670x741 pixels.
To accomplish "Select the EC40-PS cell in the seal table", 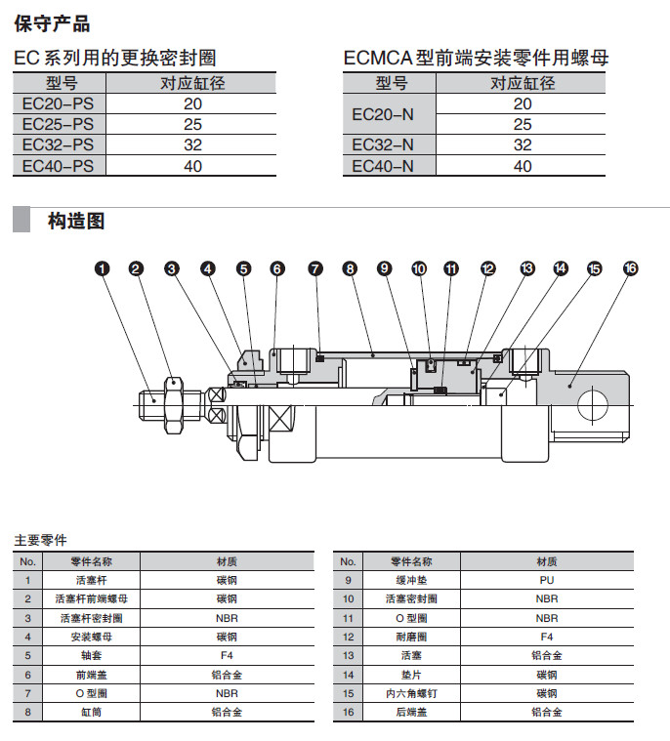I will (59, 166).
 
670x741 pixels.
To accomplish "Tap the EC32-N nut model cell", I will (383, 145).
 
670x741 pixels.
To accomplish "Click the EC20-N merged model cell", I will (383, 114).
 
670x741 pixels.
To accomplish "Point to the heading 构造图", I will (76, 221).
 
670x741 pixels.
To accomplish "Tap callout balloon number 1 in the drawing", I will (103, 268).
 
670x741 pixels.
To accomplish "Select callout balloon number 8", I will (349, 268).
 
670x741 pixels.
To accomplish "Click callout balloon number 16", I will (630, 268).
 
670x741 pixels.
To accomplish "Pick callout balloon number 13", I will (527, 268).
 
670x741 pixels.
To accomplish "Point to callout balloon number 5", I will (243, 268).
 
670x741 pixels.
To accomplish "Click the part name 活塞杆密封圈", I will (91, 618).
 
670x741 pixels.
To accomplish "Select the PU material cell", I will (547, 580).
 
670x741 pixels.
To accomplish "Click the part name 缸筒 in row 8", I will (91, 712).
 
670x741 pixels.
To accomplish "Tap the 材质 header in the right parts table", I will (547, 561).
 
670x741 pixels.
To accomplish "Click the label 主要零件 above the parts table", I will (41, 540).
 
